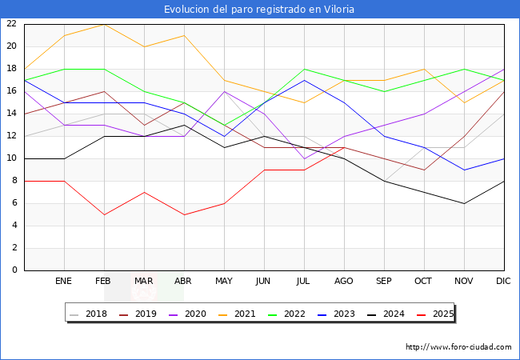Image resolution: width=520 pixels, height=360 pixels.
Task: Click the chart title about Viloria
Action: click(x=259, y=10)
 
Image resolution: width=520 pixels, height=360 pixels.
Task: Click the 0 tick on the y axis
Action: click(x=14, y=270)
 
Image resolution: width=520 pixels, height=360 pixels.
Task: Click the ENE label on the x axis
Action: click(x=64, y=282)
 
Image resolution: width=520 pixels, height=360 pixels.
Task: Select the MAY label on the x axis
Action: click(x=224, y=282)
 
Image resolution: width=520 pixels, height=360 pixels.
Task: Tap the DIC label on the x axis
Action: click(x=504, y=282)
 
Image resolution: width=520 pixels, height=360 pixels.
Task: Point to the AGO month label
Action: click(x=344, y=282)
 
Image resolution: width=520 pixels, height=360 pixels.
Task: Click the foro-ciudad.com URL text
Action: click(x=458, y=347)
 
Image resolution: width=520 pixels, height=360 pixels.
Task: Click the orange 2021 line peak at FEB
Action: click(x=104, y=24)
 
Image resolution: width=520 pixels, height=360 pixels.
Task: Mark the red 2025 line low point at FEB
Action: click(x=104, y=214)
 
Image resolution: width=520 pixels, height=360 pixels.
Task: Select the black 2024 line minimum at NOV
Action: click(x=464, y=203)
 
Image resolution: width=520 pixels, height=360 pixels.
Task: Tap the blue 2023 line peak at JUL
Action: click(x=304, y=80)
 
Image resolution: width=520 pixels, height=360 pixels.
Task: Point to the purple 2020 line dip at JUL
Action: click(x=304, y=158)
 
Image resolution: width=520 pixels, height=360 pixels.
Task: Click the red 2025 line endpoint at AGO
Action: click(x=344, y=147)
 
